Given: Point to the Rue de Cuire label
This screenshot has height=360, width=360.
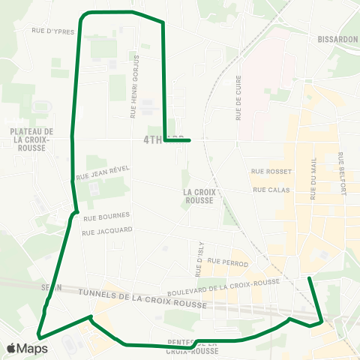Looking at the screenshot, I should point(240,102).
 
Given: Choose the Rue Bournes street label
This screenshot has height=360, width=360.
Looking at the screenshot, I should point(102,217).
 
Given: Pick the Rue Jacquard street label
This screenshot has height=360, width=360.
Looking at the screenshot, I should point(108,230).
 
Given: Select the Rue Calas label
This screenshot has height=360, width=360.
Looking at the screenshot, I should point(266,190).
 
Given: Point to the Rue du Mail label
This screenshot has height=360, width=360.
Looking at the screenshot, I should point(313,178).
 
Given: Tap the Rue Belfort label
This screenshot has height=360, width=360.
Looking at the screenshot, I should point(342,174).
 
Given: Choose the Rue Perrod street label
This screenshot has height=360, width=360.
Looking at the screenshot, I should point(228,262).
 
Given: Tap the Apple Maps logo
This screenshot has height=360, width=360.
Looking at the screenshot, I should point(27,348).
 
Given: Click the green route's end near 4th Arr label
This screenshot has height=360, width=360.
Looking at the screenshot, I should point(190,140).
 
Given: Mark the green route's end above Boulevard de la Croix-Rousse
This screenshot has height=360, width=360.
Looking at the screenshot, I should point(309,278).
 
